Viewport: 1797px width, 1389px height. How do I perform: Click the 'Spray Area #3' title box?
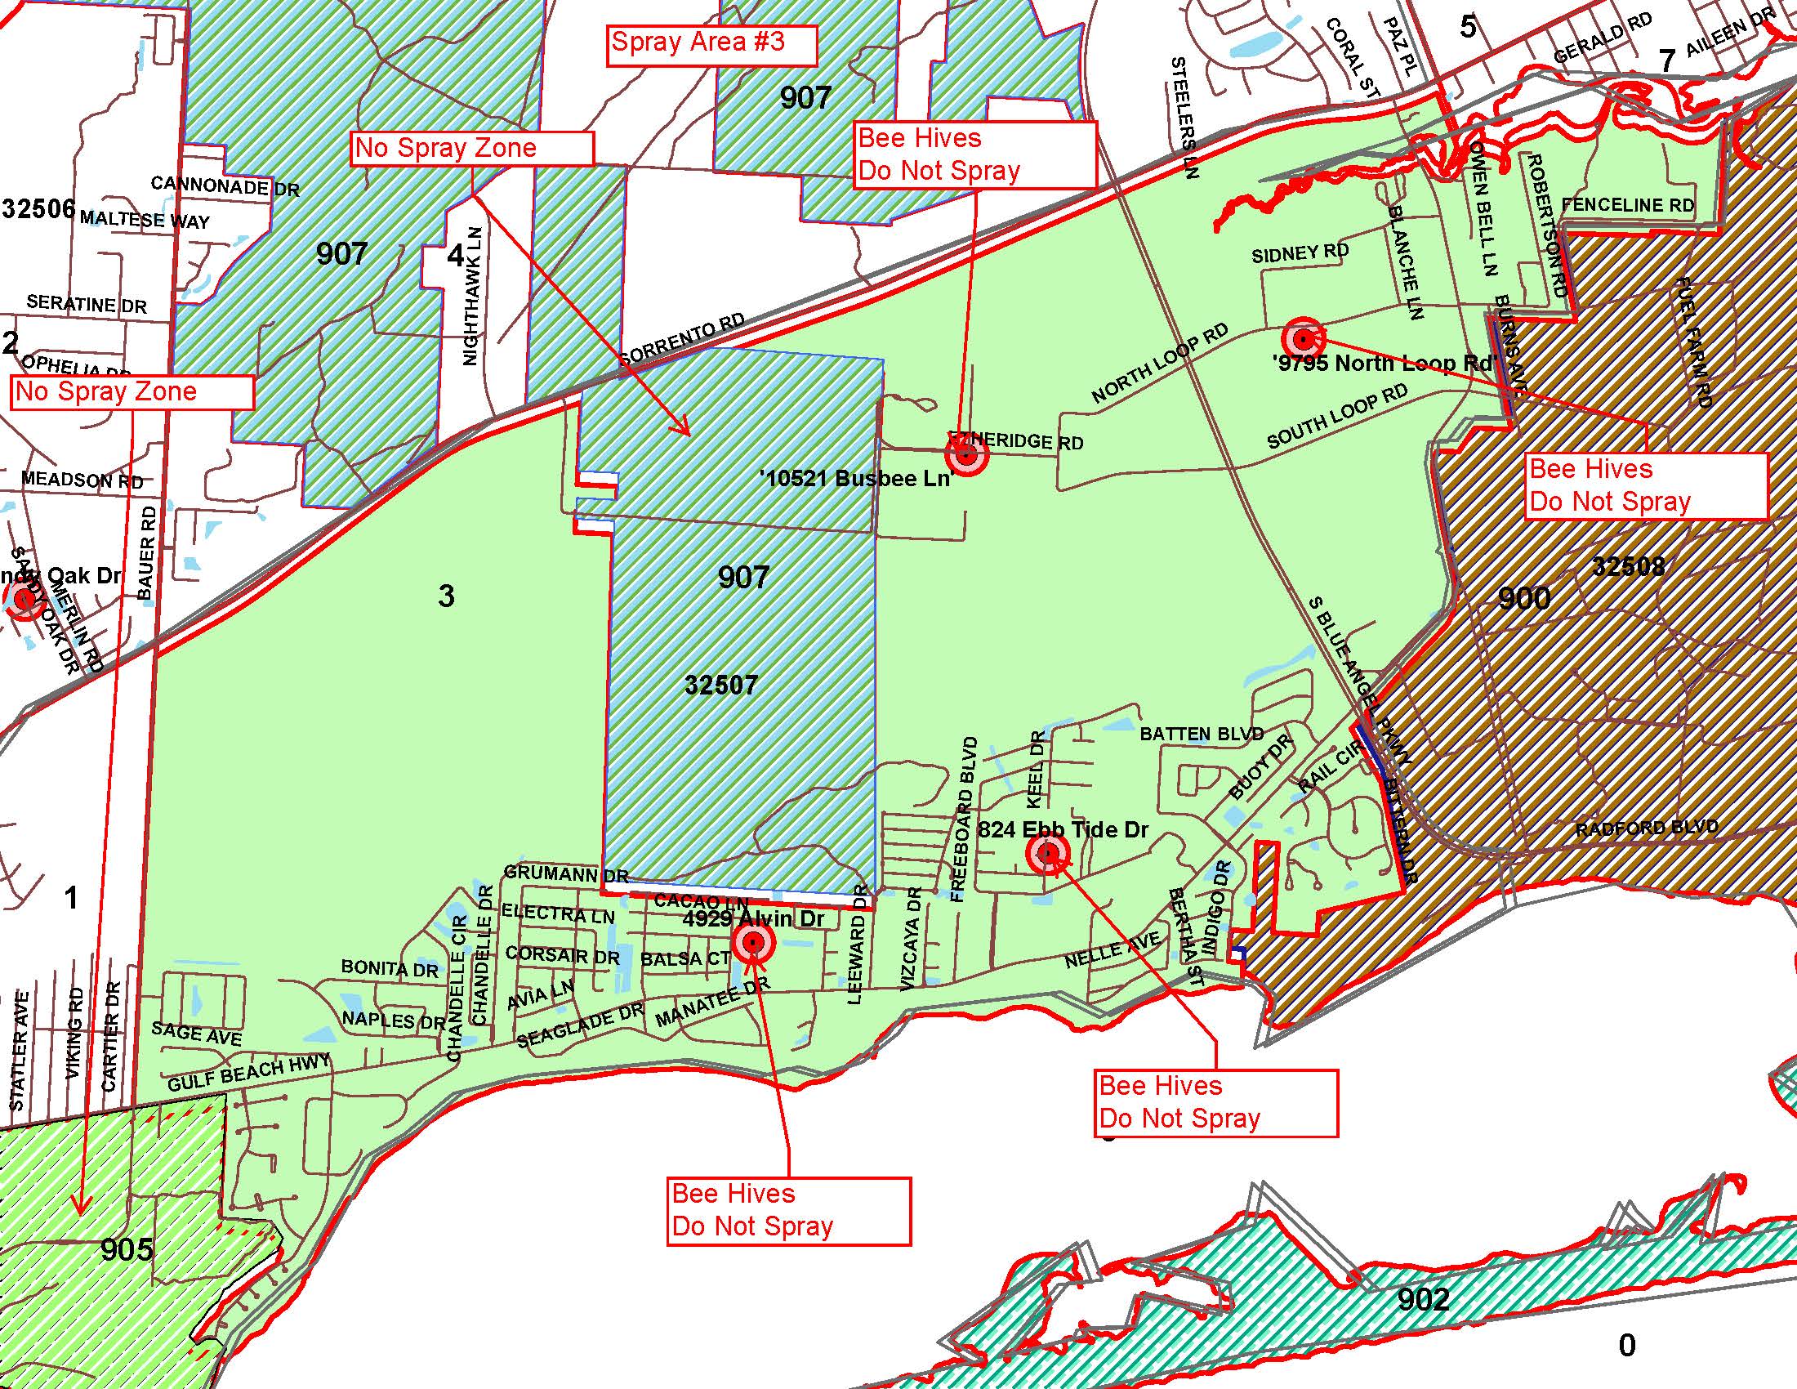pyautogui.click(x=711, y=44)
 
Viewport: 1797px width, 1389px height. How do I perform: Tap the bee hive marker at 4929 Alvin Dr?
pyautogui.click(x=753, y=944)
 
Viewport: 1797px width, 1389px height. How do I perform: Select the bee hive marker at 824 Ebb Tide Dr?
pyautogui.click(x=1047, y=854)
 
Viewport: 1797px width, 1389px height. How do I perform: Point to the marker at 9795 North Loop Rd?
pyautogui.click(x=1303, y=338)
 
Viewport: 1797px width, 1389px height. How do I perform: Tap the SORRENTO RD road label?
pyautogui.click(x=682, y=338)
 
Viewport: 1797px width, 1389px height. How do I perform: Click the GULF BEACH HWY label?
pyautogui.click(x=248, y=1073)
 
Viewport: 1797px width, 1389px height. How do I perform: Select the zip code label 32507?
pyautogui.click(x=720, y=685)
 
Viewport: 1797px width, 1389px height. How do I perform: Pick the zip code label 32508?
pyautogui.click(x=1628, y=566)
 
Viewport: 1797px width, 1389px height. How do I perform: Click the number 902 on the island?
pyautogui.click(x=1424, y=1299)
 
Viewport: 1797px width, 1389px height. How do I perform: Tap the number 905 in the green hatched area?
pyautogui.click(x=127, y=1249)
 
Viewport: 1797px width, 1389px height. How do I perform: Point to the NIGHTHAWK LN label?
pyautogui.click(x=472, y=297)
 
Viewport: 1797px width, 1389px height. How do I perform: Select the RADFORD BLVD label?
pyautogui.click(x=1647, y=828)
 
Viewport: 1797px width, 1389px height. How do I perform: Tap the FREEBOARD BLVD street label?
pyautogui.click(x=965, y=820)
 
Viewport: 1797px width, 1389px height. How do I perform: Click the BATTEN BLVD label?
pyautogui.click(x=1202, y=733)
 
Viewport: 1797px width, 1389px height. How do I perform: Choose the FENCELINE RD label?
pyautogui.click(x=1627, y=205)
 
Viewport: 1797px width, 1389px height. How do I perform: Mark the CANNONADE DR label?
pyautogui.click(x=225, y=186)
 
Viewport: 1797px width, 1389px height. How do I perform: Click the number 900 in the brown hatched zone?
pyautogui.click(x=1524, y=598)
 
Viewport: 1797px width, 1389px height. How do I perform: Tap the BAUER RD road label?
pyautogui.click(x=146, y=552)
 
